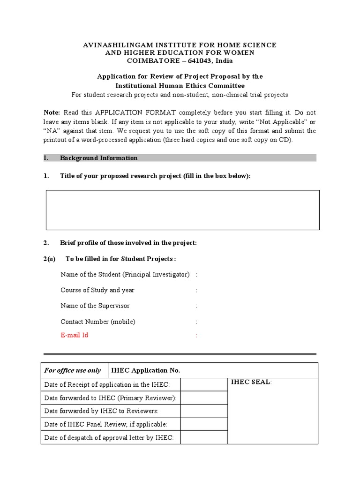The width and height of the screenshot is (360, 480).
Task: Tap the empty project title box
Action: pyautogui.click(x=182, y=210)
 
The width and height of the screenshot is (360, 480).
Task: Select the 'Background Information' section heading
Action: pyautogui.click(x=98, y=158)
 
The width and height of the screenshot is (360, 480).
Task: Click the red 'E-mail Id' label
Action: pyautogui.click(x=74, y=335)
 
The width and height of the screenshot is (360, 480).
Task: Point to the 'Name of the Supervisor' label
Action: pyautogui.click(x=95, y=306)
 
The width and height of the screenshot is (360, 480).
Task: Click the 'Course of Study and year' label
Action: pyautogui.click(x=97, y=290)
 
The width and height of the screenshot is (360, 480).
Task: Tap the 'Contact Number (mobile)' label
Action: pyautogui.click(x=98, y=322)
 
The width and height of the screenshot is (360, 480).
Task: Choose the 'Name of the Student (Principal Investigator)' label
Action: pyautogui.click(x=125, y=274)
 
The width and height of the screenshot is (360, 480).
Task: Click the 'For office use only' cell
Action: pyautogui.click(x=73, y=370)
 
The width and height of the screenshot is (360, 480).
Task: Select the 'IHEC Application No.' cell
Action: pyautogui.click(x=145, y=370)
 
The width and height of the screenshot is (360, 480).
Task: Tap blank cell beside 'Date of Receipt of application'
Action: pyautogui.click(x=203, y=385)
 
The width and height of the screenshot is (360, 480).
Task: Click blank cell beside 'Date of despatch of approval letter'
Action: pyautogui.click(x=203, y=438)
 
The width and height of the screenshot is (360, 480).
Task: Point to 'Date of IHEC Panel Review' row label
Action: pyautogui.click(x=105, y=424)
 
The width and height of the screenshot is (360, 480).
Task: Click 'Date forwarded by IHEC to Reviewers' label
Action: pyautogui.click(x=101, y=411)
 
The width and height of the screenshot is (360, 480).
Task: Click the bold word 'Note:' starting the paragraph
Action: pyautogui.click(x=52, y=112)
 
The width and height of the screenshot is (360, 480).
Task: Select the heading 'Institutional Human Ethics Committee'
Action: pyautogui.click(x=180, y=85)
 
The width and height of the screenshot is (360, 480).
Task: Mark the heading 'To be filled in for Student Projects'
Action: pyautogui.click(x=120, y=259)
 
